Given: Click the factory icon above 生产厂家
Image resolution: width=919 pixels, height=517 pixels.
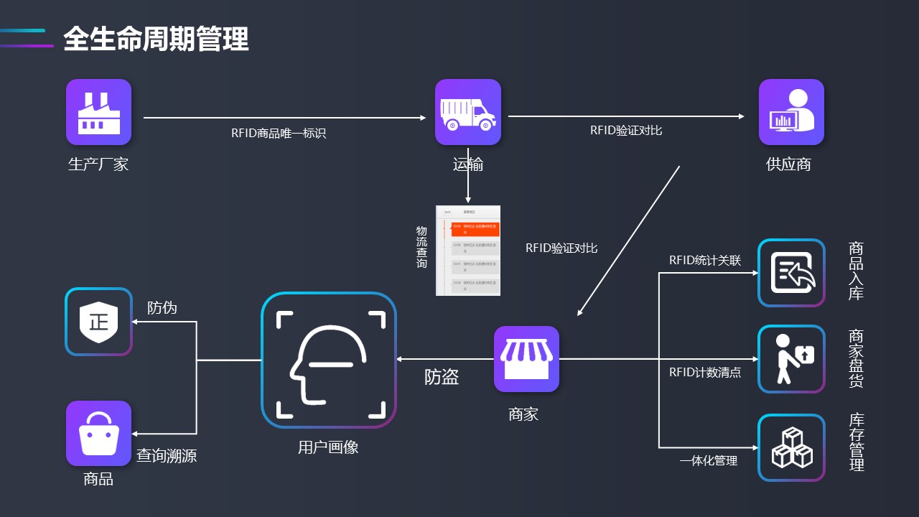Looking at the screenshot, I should pyautogui.click(x=98, y=112).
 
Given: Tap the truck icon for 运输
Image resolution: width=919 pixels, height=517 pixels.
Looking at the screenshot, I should pyautogui.click(x=467, y=112).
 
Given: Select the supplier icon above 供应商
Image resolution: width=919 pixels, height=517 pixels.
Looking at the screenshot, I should pyautogui.click(x=791, y=112).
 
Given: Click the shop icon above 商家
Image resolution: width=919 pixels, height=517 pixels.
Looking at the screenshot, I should pyautogui.click(x=526, y=359).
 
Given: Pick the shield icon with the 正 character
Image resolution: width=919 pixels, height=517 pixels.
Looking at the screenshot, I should pyautogui.click(x=98, y=322).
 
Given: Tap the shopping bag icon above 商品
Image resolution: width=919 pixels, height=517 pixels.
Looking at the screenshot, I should pyautogui.click(x=98, y=433).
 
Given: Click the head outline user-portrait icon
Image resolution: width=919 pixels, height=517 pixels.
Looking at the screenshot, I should pyautogui.click(x=329, y=360).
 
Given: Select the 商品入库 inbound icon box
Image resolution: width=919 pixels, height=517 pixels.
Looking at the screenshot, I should pyautogui.click(x=791, y=273).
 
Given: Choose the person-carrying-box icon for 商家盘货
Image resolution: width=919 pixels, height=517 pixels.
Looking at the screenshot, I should pyautogui.click(x=791, y=359).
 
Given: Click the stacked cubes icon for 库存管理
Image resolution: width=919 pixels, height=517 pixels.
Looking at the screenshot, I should pyautogui.click(x=791, y=448).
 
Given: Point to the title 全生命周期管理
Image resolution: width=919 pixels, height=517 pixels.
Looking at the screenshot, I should pyautogui.click(x=156, y=39).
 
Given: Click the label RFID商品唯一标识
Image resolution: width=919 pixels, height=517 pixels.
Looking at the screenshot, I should pyautogui.click(x=279, y=133).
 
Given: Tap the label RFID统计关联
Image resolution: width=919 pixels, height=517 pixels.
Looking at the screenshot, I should pyautogui.click(x=705, y=260).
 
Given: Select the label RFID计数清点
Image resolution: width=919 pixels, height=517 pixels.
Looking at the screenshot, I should pyautogui.click(x=705, y=373).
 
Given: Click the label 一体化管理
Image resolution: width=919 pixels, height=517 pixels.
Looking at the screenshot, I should pyautogui.click(x=709, y=461).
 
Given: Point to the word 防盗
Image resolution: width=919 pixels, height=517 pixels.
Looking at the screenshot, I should pyautogui.click(x=442, y=377).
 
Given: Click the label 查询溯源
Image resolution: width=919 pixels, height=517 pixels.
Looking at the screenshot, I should pyautogui.click(x=167, y=455).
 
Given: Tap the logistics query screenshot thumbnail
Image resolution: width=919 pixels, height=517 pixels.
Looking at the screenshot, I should pyautogui.click(x=468, y=251).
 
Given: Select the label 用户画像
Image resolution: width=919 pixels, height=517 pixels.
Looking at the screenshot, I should pyautogui.click(x=328, y=447).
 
